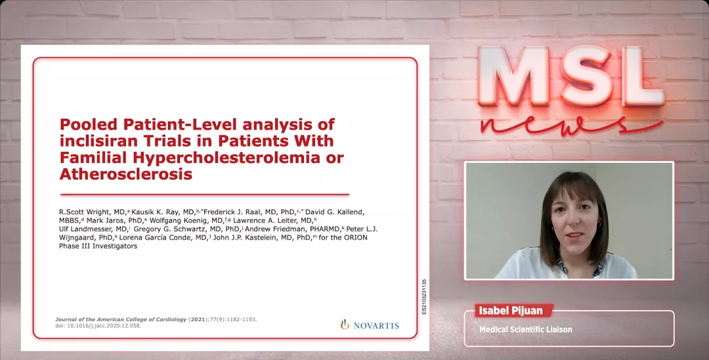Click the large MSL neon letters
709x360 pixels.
click(x=571, y=77)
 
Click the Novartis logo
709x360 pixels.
click(x=370, y=325)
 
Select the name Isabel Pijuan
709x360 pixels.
click(x=513, y=311)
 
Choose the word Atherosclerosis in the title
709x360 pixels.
click(x=126, y=173)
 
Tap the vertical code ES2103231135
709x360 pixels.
click(x=423, y=297)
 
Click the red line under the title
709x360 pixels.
click(x=205, y=194)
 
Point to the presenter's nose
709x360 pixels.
click(x=575, y=224)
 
